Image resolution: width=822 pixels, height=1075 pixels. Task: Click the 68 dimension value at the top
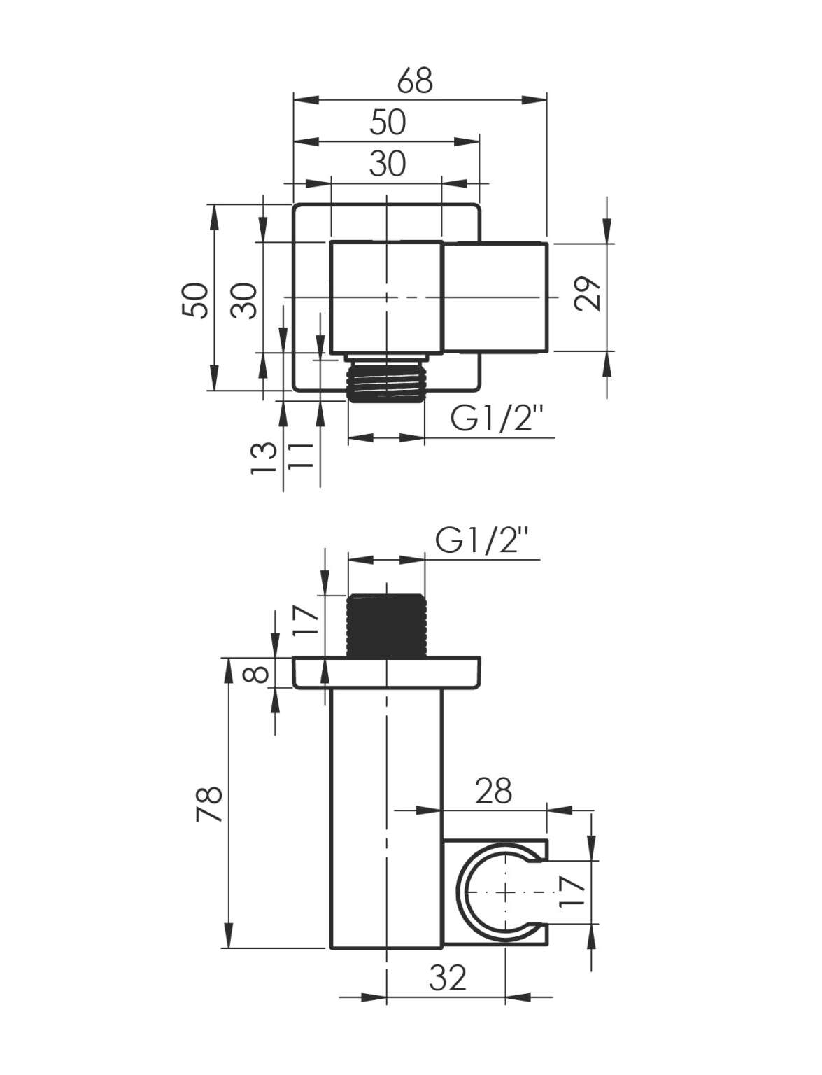point(415,80)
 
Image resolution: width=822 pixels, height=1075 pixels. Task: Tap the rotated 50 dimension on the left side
point(195,301)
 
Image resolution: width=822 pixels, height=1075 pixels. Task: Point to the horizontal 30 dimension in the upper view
point(388,164)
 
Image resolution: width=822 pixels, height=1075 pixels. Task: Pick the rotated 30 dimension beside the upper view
point(244,301)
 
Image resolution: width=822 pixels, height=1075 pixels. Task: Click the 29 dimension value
point(586,294)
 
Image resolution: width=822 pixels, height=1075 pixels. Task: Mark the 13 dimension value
point(264,458)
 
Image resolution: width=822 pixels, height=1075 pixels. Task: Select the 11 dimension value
point(299,456)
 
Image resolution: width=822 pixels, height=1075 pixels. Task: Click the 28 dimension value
point(494,790)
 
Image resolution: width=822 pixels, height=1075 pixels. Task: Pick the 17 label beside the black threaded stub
point(304,620)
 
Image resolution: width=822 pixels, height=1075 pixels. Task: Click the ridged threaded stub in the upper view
point(385,383)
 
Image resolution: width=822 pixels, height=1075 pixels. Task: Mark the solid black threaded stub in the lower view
point(385,626)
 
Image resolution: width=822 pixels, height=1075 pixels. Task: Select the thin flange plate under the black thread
point(386,673)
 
